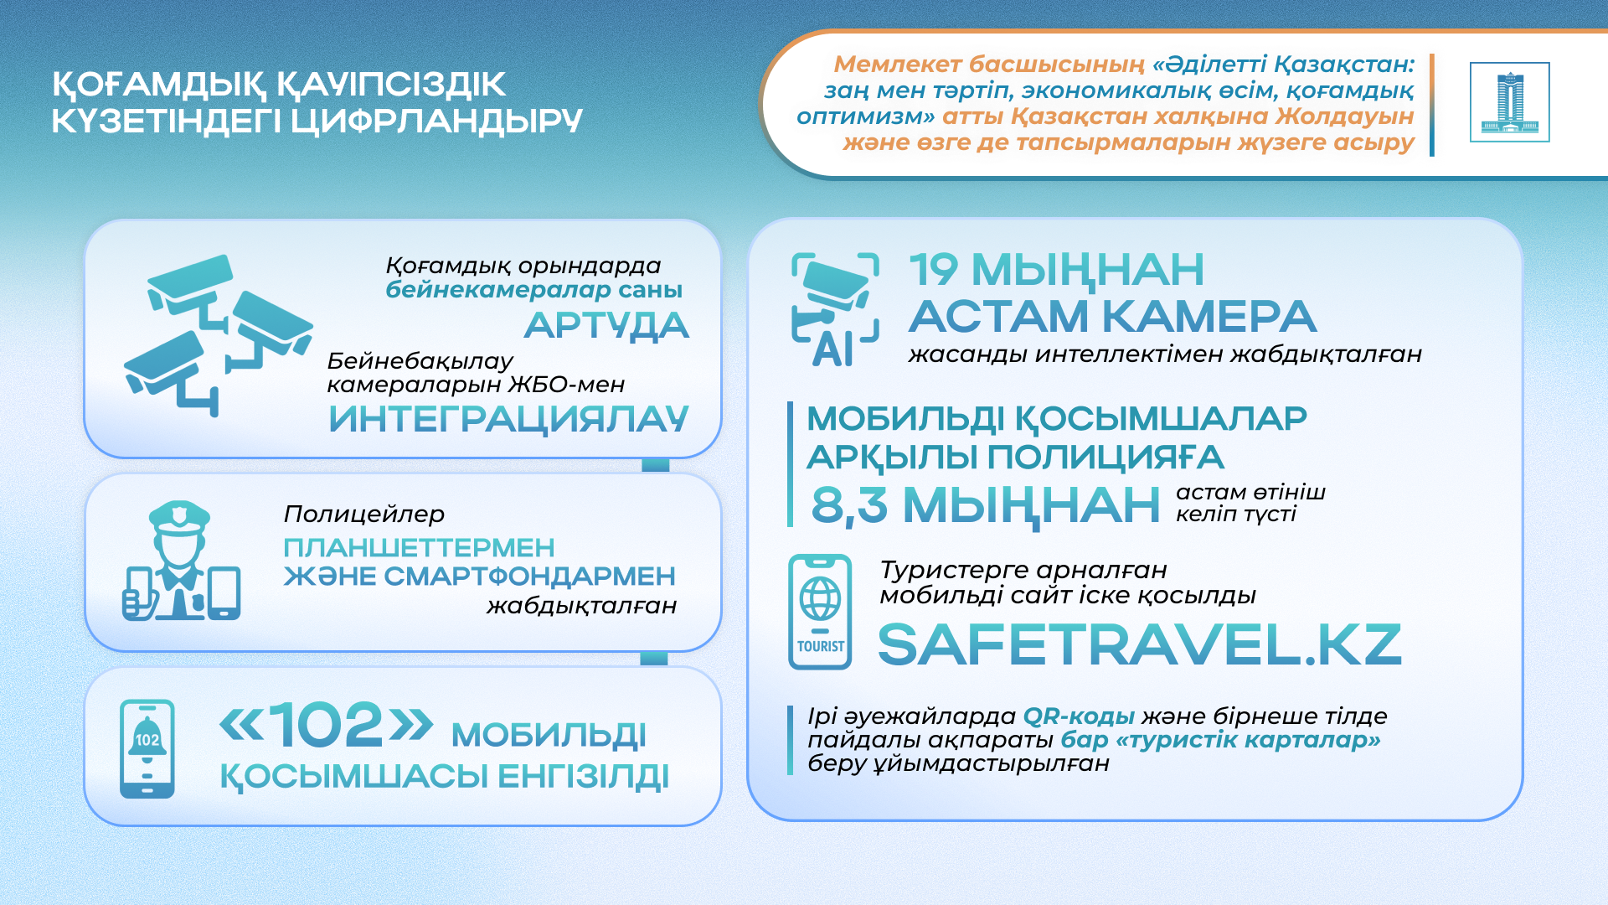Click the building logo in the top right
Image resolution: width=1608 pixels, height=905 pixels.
(1509, 102)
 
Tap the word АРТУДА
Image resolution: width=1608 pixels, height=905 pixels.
(606, 325)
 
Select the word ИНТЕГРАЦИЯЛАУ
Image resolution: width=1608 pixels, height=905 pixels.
(508, 419)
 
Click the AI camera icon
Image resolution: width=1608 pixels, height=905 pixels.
(835, 309)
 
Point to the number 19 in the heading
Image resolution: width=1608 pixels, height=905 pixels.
(934, 270)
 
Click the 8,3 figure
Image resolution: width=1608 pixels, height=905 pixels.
(849, 505)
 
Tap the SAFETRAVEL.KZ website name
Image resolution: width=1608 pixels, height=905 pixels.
(1139, 644)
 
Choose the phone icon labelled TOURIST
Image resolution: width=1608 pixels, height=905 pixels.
(820, 612)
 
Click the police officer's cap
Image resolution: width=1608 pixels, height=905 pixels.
(179, 516)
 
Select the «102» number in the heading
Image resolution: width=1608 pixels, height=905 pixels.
(327, 725)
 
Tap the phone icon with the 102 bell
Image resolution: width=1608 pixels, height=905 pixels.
(147, 749)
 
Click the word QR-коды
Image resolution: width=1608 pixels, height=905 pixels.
(1079, 717)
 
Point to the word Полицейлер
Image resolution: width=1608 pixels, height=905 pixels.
(364, 515)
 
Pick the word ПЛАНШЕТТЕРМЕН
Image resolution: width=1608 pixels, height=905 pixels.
(419, 548)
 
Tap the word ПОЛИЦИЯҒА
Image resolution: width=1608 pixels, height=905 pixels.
(1105, 458)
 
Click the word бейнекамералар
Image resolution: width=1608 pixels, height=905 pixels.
(498, 290)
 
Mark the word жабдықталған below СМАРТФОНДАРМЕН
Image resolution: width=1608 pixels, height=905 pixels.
(581, 606)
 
